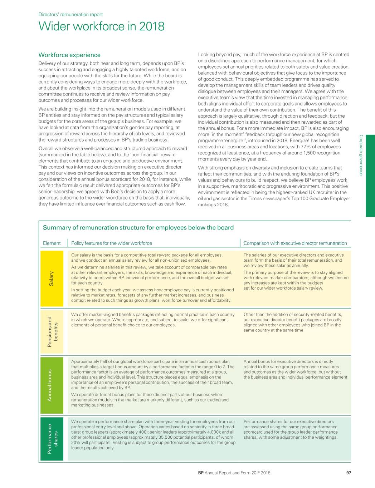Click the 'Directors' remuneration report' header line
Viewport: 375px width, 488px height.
pyautogui.click(x=70, y=15)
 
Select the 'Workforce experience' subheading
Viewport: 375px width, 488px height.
pyautogui.click(x=69, y=55)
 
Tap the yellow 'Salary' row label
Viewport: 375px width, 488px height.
pyautogui.click(x=52, y=278)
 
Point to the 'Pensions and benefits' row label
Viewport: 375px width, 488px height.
pyautogui.click(x=52, y=331)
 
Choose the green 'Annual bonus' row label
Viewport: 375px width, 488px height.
pyautogui.click(x=52, y=385)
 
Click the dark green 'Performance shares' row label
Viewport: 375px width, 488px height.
pyautogui.click(x=52, y=439)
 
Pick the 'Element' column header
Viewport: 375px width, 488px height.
pyautogui.click(x=52, y=243)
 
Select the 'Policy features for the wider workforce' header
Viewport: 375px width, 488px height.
pyautogui.click(x=112, y=243)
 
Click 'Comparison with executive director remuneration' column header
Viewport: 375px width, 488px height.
pyautogui.click(x=295, y=243)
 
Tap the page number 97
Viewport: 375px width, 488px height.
pyautogui.click(x=349, y=473)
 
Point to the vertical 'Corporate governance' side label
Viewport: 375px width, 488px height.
pyautogui.click(x=361, y=155)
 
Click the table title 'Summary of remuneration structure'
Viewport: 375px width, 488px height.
pyautogui.click(x=138, y=228)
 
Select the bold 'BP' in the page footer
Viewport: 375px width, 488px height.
pyautogui.click(x=201, y=473)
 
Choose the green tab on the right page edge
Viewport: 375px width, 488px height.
pyautogui.click(x=370, y=176)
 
